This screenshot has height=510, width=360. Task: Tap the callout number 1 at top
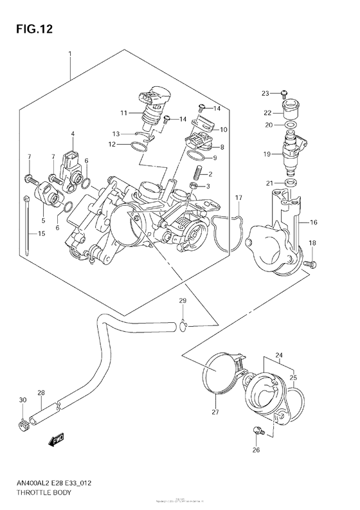(70, 53)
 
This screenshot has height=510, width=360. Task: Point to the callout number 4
(73, 134)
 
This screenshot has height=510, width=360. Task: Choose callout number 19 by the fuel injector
(265, 154)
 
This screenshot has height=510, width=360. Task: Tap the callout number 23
(265, 94)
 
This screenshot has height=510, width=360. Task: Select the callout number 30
(22, 400)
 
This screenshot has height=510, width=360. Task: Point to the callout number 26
(255, 450)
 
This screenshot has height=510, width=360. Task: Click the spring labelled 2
(198, 172)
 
